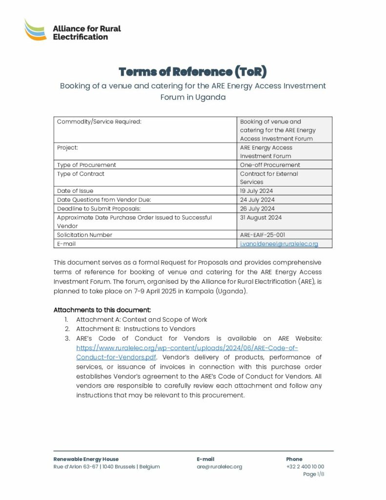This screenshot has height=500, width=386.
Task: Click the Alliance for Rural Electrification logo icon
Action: coord(36,29)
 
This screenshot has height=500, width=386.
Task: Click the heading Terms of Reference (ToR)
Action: coord(193,72)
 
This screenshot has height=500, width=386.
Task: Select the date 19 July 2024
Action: coord(257,191)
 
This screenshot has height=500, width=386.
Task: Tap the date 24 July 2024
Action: coord(257,200)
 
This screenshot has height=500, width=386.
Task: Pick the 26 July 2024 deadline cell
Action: coord(257,208)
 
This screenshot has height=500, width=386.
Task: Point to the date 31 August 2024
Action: coord(261,217)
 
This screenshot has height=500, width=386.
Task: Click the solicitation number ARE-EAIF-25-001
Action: coord(263,235)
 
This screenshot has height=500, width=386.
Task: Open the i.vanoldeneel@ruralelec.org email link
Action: coord(279,244)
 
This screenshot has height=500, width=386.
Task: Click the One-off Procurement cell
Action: coord(270,165)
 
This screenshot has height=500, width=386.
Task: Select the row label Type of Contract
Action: coord(81,174)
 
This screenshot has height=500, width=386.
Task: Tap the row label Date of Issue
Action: coord(75,191)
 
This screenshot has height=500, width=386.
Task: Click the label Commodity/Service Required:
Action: coord(99,122)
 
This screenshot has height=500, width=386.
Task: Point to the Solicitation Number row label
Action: coord(84,235)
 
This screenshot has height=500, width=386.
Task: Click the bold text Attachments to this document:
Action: coord(102,310)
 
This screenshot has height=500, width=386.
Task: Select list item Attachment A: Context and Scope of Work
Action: coord(142,319)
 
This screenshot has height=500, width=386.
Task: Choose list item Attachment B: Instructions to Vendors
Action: coord(136,329)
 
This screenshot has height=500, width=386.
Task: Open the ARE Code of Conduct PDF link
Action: coord(187,352)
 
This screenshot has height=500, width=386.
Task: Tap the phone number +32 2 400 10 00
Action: coord(305,467)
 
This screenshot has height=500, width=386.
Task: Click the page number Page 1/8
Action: coord(313,474)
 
